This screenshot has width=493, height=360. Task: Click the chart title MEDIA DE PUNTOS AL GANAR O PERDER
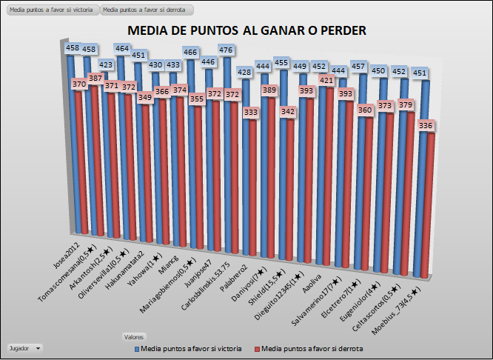point(247,30)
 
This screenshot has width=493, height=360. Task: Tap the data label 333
point(251,113)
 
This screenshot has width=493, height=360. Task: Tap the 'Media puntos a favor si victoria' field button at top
point(51,11)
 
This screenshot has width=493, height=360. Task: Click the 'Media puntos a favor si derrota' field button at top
point(147,11)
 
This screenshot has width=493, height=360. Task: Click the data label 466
point(190,53)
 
